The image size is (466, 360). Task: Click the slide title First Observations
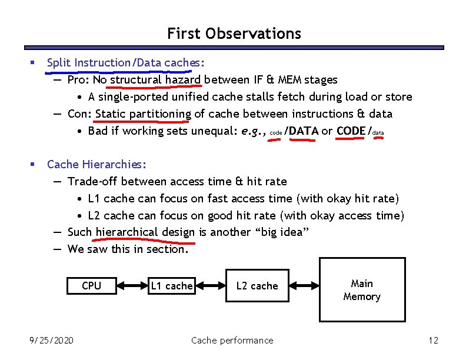coord(234,34)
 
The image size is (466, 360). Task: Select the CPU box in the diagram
coord(91,286)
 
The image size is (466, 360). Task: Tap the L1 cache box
coord(171,286)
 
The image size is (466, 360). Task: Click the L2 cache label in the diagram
coord(257,286)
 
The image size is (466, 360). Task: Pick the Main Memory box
coord(362,290)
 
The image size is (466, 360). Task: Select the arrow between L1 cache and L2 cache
coord(210,286)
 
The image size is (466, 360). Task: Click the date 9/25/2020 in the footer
coord(52,340)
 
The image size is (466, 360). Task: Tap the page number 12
coord(434,340)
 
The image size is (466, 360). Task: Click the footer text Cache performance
coord(232,340)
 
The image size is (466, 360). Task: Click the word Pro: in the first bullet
coord(78,79)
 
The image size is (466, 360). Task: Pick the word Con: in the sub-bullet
coord(79,114)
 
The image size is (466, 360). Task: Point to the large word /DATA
coord(301,131)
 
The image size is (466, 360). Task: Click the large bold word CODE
coord(351,131)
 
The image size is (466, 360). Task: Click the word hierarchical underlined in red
coord(127,232)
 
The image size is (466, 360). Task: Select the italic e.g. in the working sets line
coord(254,131)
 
